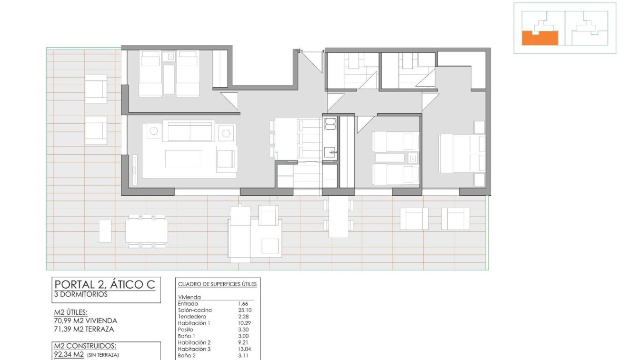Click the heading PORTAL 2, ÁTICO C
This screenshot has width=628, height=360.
click(x=104, y=285)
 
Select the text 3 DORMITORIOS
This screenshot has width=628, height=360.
click(x=81, y=294)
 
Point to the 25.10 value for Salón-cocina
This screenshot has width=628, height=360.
click(x=245, y=310)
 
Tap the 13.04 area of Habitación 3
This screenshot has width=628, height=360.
click(x=245, y=349)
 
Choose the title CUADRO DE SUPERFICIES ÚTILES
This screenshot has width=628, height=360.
click(x=218, y=284)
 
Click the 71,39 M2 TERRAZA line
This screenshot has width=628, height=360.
click(x=84, y=329)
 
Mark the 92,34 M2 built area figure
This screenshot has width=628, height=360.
click(x=69, y=354)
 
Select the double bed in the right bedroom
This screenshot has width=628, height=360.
click(x=461, y=153)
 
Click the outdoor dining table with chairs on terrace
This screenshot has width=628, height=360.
click(x=147, y=231)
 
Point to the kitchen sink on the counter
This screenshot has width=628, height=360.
click(x=329, y=152)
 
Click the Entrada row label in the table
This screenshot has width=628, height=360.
click(x=188, y=303)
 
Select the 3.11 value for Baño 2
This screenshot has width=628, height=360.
click(x=243, y=355)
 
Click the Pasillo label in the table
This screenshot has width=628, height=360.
click(x=186, y=330)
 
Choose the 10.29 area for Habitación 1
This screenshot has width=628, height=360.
click(x=245, y=323)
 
